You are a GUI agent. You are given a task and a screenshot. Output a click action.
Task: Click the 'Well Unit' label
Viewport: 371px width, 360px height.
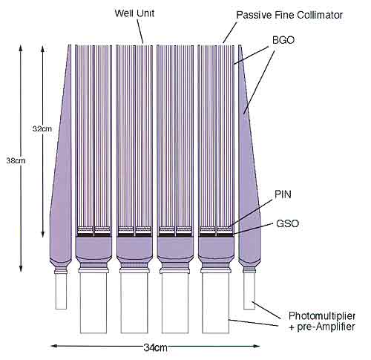point(134,13)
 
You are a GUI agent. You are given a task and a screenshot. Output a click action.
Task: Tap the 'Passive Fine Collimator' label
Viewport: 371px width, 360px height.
point(289,15)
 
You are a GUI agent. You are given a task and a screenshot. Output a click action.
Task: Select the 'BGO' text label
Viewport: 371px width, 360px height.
point(283,40)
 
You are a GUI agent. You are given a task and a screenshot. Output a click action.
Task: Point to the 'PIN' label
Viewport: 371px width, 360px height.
point(283,194)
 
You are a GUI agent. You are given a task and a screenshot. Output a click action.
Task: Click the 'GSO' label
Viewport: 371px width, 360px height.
point(287,223)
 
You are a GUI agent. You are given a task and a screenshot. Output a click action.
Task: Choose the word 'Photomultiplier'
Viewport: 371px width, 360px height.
point(322,316)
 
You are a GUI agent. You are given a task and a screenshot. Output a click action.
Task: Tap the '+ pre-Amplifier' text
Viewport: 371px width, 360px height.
point(322,327)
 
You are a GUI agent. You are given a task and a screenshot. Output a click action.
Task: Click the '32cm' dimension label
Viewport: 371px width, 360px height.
point(42,128)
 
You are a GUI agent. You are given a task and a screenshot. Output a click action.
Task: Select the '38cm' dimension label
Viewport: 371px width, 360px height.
point(16,161)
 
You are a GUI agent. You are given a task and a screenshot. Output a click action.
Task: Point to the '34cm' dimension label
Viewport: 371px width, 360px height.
point(155,348)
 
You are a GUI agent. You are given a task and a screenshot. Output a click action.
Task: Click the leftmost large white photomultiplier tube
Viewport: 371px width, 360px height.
point(93,303)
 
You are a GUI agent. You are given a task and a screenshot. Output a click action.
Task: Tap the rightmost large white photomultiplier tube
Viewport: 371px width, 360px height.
point(216,303)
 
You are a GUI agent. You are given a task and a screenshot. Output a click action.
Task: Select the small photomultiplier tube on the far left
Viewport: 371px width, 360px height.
point(61,291)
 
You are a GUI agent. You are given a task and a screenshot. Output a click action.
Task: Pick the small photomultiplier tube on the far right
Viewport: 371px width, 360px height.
point(249,291)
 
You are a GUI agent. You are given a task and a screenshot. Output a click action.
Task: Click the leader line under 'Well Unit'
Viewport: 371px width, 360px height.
point(140,31)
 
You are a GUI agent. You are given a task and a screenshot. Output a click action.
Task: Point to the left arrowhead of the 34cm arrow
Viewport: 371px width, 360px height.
point(53,346)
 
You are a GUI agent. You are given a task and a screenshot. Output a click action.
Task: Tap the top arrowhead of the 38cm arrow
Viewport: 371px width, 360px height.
point(21,48)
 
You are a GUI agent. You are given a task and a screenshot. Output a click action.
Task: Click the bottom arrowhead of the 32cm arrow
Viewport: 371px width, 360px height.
point(43,234)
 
